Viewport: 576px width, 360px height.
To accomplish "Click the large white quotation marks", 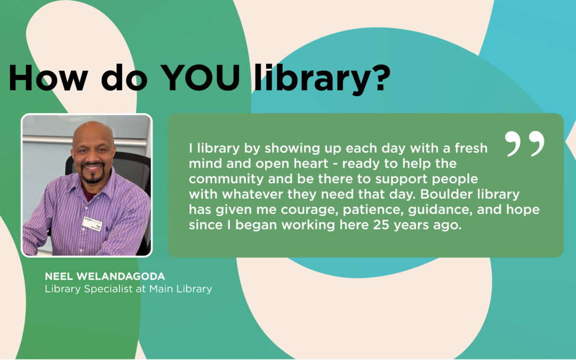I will coord(525,143).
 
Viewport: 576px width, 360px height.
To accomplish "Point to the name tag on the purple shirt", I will coord(92,222).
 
